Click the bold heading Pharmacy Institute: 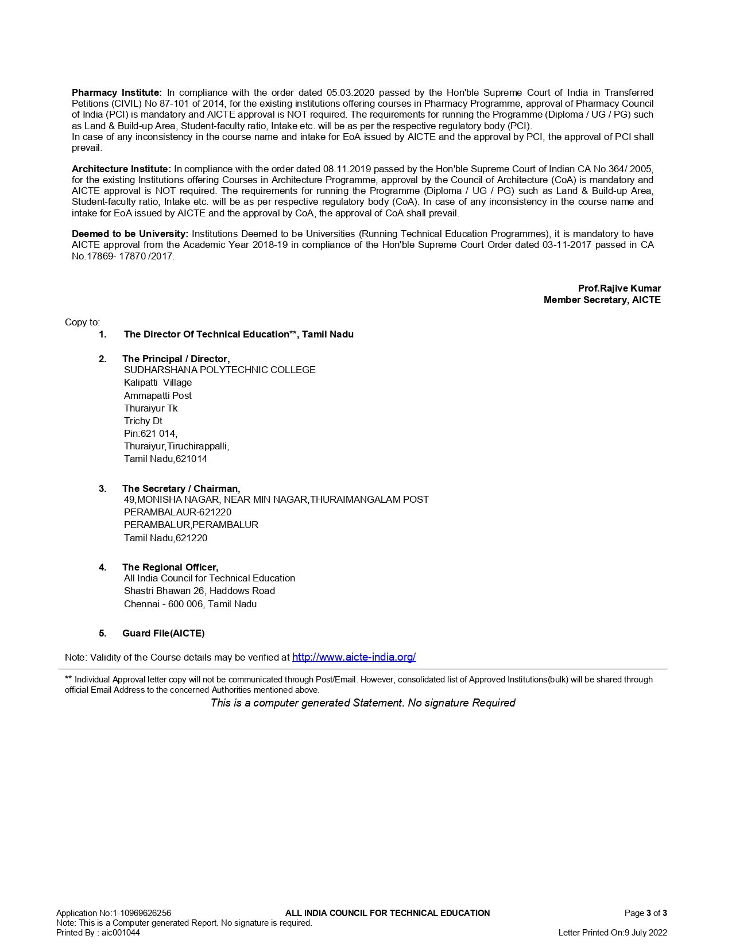point(117,92)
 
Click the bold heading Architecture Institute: point(121,169)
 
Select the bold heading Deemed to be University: point(130,234)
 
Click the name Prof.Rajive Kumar point(619,288)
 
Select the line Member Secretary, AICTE point(602,300)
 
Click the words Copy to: point(82,322)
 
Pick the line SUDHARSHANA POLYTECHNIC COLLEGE point(219,370)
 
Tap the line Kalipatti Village point(158,382)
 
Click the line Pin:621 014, point(150,433)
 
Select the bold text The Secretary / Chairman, point(181,488)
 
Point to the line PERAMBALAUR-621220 point(177,512)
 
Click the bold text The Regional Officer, point(170,567)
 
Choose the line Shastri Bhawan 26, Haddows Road point(199,591)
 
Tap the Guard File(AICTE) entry point(163,633)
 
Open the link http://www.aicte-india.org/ point(354,657)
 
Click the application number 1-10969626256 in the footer point(143,913)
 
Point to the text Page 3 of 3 point(645,913)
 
